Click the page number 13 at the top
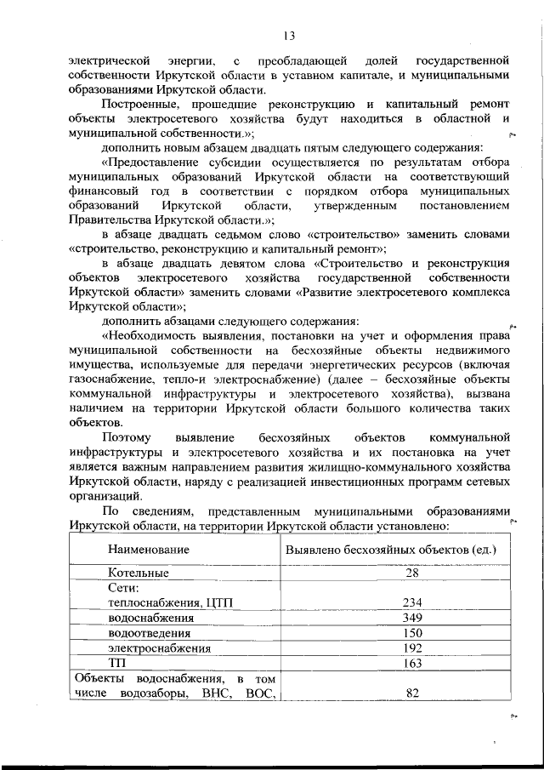289,35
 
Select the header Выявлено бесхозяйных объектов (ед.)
390,550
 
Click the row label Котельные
138,573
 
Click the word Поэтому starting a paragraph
131,437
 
